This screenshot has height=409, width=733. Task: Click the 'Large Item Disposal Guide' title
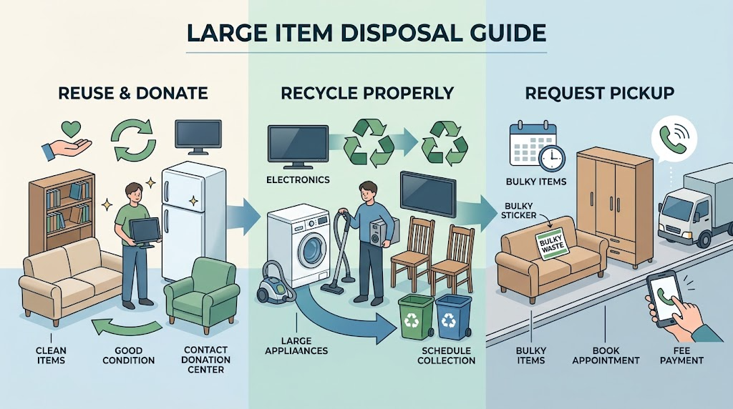coord(366,33)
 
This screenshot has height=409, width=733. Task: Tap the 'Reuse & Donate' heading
coord(132,93)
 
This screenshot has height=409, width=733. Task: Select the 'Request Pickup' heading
coord(600,93)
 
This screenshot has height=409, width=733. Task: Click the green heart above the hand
coord(71,129)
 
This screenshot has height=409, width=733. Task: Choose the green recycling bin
coord(416,317)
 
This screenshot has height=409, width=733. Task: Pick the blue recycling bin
coord(453,317)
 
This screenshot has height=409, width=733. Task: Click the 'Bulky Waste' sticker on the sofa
coord(552,242)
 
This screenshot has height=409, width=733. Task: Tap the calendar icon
coord(532,143)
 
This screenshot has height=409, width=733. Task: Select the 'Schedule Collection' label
coord(446,356)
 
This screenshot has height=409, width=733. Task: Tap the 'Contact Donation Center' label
coord(205,360)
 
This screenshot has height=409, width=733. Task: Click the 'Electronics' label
coord(298,179)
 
